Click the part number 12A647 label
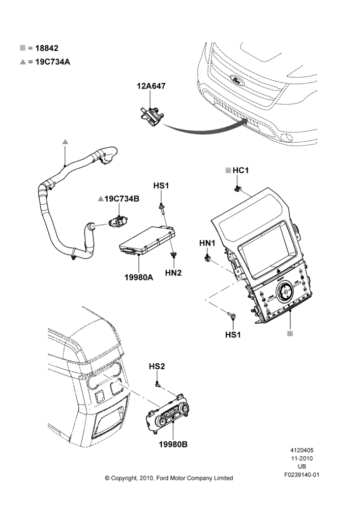[x=151, y=86]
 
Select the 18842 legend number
[x=47, y=48]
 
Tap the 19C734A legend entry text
[x=52, y=61]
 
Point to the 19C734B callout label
[x=122, y=199]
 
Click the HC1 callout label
[x=241, y=170]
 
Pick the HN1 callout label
[x=207, y=243]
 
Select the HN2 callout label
[x=173, y=273]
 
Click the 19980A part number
[x=139, y=277]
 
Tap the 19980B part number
[x=173, y=444]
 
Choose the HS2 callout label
[x=157, y=366]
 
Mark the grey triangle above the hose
[x=65, y=142]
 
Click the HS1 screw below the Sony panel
[x=231, y=315]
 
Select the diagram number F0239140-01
[x=302, y=475]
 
